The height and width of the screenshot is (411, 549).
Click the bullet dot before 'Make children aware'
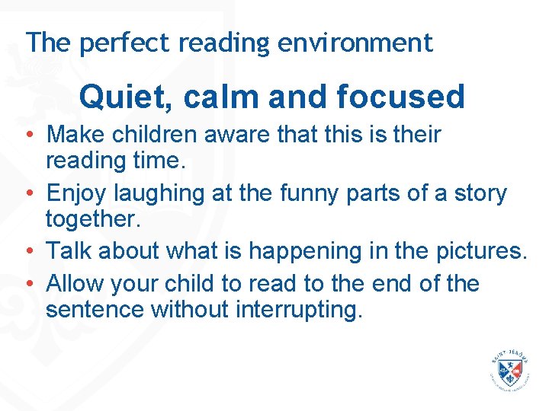pos(27,135)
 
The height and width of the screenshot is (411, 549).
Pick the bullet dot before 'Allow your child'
pos(27,283)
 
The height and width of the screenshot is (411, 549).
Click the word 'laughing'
pos(158,194)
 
